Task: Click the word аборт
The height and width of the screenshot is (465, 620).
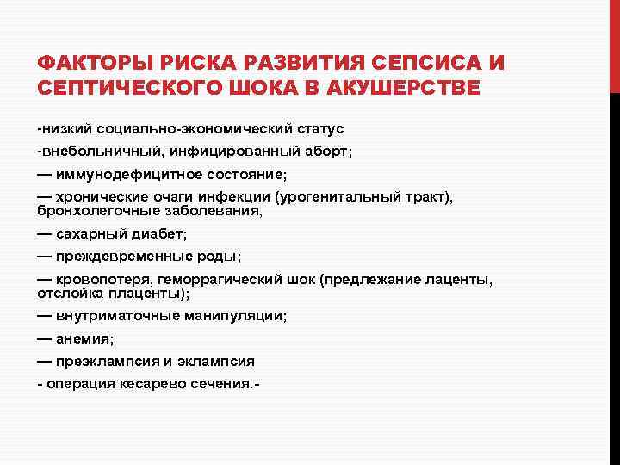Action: click(x=325, y=151)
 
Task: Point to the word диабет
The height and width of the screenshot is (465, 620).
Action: click(x=159, y=233)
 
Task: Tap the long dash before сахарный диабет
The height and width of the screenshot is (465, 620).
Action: click(x=44, y=233)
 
